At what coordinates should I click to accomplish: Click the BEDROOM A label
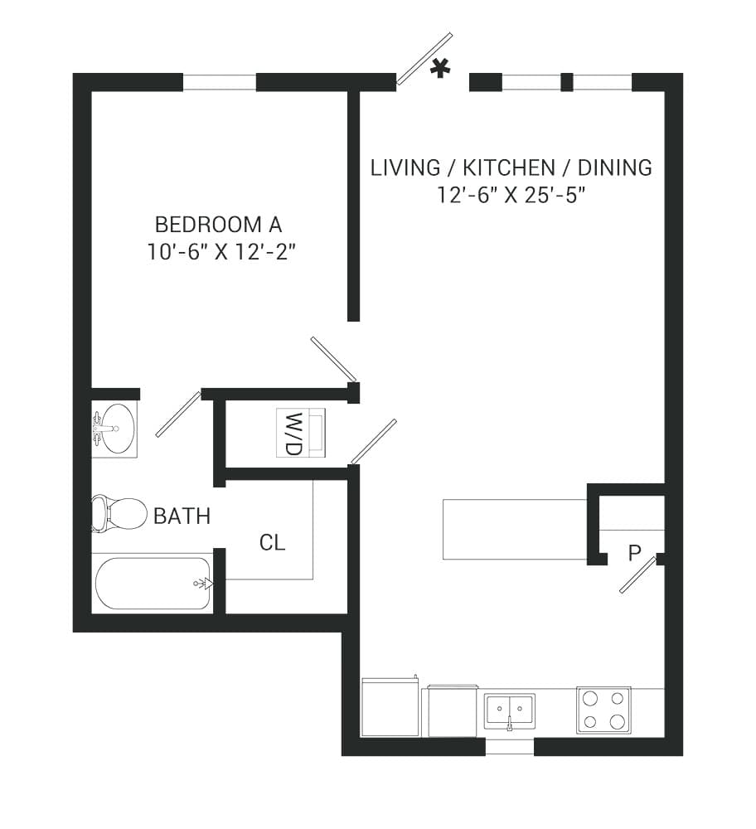coord(219,224)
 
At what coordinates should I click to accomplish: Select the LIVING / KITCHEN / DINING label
coord(511,167)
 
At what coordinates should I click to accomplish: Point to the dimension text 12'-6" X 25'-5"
coord(511,195)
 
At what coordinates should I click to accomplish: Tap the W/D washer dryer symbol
coord(301,433)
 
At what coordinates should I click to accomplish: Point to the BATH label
coord(182,516)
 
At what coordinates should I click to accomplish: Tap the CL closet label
coord(272,543)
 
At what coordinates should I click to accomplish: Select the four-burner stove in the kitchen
coord(603,710)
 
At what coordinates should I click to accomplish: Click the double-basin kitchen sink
coord(509,710)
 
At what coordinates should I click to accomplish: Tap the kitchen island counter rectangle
coord(515,529)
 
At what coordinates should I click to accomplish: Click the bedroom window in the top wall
coord(219,82)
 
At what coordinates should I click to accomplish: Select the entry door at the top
coord(424,59)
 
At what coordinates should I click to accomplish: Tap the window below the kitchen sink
coord(509,747)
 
